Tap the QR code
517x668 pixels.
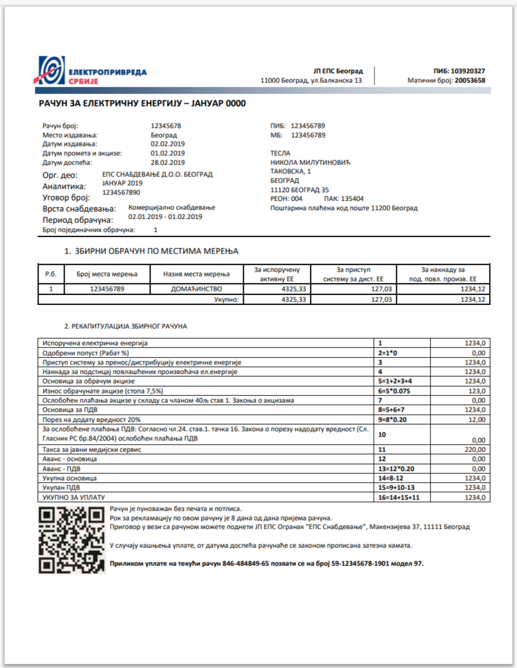(71, 540)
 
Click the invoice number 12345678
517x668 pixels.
(166, 126)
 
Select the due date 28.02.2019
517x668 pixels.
(167, 162)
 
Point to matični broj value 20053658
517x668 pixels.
(470, 81)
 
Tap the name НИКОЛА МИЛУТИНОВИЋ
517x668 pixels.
(311, 162)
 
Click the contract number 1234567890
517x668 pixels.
(121, 193)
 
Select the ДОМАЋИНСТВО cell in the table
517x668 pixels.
(197, 289)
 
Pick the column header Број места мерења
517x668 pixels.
(107, 274)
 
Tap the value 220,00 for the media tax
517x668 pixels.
(474, 449)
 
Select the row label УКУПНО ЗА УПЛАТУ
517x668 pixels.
(74, 497)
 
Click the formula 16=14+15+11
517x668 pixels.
(398, 497)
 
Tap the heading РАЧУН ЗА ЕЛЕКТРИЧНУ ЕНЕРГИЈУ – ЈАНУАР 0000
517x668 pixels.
(142, 103)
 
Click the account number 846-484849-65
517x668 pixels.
(239, 563)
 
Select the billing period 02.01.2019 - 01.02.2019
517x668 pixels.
(165, 217)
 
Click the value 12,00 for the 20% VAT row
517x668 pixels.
(475, 420)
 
